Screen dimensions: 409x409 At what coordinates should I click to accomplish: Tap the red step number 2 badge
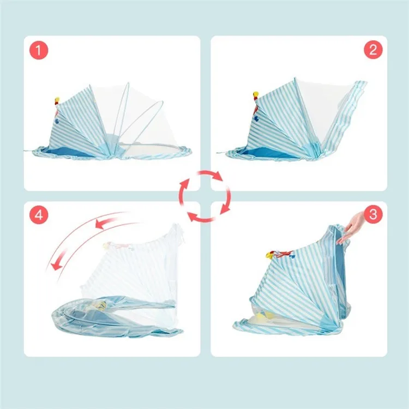point(372,51)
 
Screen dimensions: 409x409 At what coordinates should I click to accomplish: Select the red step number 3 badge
point(372,215)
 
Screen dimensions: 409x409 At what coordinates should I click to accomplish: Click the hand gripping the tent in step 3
point(352,226)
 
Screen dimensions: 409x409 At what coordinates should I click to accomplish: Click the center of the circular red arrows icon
point(203,196)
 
